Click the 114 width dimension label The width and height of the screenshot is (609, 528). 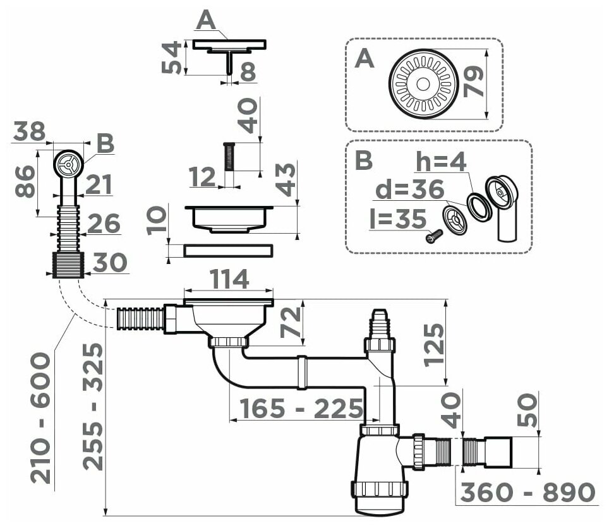pyautogui.click(x=228, y=278)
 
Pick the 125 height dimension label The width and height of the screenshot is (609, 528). pyautogui.click(x=433, y=344)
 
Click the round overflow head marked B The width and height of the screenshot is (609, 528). pyautogui.click(x=66, y=163)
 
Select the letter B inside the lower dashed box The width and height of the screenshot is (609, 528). pyautogui.click(x=364, y=160)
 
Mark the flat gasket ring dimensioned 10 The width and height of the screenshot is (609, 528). pyautogui.click(x=228, y=251)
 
